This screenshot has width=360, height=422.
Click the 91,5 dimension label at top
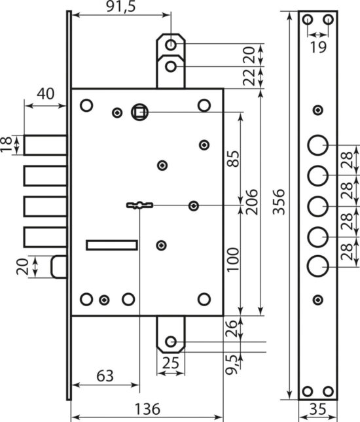121,7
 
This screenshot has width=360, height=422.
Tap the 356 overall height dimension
279,202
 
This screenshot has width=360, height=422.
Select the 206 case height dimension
252,202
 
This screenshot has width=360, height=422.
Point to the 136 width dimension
147,409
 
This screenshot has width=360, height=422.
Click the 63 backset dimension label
105,376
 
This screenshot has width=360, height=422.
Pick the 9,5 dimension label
232,364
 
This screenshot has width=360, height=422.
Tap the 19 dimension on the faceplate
318,47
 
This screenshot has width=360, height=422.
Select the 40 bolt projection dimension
46,94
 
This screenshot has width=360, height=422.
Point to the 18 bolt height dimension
7,145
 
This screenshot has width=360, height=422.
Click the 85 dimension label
232,159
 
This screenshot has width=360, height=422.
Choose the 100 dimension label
232,260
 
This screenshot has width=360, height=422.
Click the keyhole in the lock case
140,205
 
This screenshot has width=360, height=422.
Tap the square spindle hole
140,113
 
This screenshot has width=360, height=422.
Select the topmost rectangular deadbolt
45,145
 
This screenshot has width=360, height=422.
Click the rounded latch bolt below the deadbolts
59,267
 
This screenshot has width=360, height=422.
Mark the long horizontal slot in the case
112,245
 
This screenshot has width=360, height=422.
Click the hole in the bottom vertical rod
170,342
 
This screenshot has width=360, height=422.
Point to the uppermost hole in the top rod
170,44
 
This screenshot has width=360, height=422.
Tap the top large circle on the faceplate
318,145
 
